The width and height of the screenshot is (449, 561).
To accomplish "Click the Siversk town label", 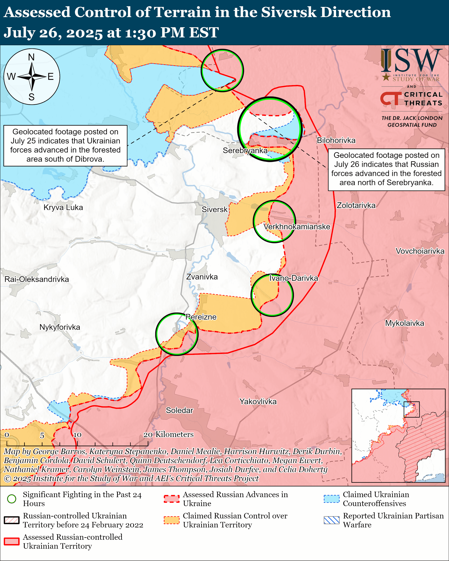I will coord(214,210).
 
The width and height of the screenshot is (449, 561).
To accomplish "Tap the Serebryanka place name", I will coord(245,150).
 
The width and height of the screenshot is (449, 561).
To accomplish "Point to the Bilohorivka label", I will coord(336,141).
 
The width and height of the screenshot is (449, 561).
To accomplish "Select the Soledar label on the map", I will coord(179,410).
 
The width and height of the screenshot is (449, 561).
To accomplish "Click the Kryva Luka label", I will coord(63,207).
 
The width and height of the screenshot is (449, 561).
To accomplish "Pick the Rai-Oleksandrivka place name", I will coord(37,279).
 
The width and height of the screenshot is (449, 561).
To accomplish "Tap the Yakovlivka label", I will coord(258,401).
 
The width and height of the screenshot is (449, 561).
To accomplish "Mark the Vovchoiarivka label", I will coord(420,251).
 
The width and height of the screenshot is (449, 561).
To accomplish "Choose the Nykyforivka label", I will coord(60,327).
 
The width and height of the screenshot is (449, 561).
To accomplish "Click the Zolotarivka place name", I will coord(356,205).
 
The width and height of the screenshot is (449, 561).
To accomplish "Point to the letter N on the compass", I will coord(31,57).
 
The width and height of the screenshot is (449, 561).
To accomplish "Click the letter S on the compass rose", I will coord(32,97).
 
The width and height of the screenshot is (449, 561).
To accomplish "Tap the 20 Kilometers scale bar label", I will coord(169,434).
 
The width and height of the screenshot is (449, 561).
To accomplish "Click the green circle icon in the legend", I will coord(12,499).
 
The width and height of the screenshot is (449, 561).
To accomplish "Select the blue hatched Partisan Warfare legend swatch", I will coord(331,520).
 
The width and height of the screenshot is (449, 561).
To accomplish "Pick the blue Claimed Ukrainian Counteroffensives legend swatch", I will coord(331,499).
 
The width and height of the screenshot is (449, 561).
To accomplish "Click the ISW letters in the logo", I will coord(411,61).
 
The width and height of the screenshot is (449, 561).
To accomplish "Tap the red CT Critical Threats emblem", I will coord(391,98).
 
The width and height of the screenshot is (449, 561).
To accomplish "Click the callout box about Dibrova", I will coord(65,146).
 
